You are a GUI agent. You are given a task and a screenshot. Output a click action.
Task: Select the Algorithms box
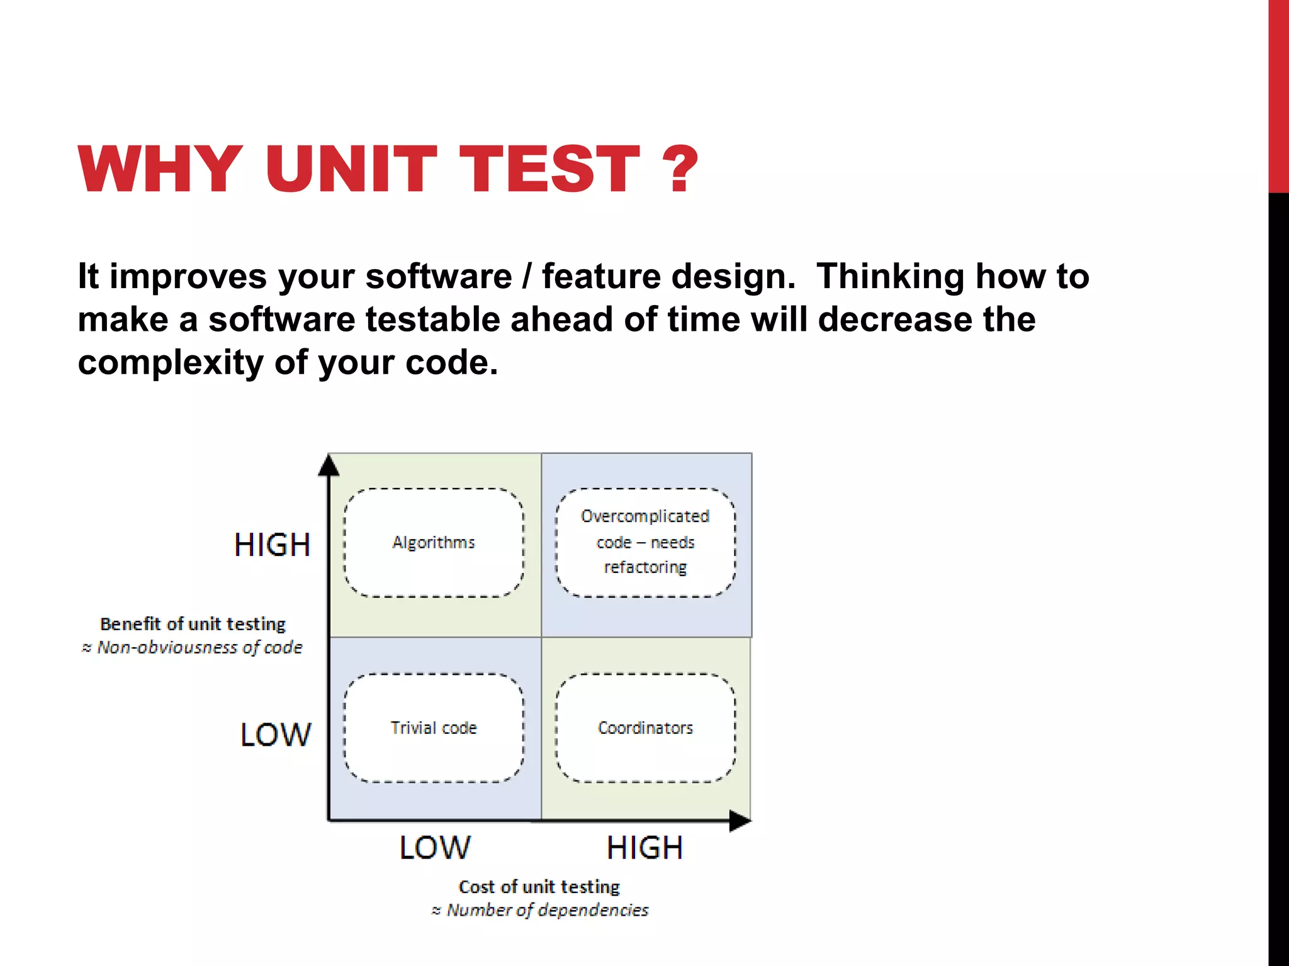[434, 542]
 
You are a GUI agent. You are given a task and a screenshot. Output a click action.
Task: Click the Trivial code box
[434, 728]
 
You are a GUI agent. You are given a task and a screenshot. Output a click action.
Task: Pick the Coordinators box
[645, 728]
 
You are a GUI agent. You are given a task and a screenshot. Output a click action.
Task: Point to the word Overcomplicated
[645, 516]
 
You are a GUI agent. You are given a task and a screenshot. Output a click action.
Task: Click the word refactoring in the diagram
[645, 567]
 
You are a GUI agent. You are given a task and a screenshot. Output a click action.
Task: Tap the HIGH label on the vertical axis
[272, 545]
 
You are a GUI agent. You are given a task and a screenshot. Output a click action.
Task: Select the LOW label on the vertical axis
[275, 735]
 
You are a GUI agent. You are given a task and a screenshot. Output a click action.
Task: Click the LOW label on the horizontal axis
[434, 848]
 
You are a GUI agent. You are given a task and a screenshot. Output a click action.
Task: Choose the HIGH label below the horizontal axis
[644, 848]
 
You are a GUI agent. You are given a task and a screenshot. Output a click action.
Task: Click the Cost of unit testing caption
[539, 887]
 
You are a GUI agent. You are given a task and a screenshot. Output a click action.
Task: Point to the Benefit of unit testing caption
[193, 624]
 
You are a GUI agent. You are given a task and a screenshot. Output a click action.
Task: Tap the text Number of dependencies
[546, 910]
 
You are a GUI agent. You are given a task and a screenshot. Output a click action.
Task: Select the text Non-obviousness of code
[199, 647]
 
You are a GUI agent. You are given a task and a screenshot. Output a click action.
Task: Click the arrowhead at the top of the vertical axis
[329, 465]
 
